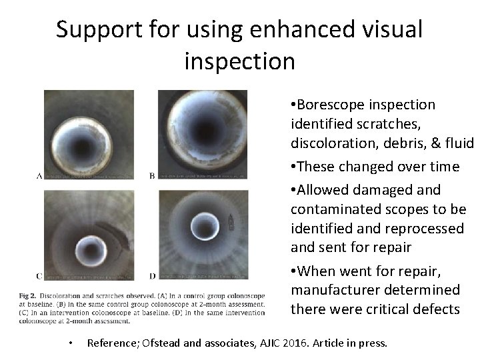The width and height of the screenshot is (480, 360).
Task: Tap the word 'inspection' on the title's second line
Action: [238, 61]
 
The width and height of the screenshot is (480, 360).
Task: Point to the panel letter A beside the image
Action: [39, 175]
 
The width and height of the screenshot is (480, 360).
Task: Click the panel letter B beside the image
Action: [151, 176]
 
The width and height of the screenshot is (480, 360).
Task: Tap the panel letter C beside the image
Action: [39, 275]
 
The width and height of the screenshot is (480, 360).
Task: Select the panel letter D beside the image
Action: [152, 275]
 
